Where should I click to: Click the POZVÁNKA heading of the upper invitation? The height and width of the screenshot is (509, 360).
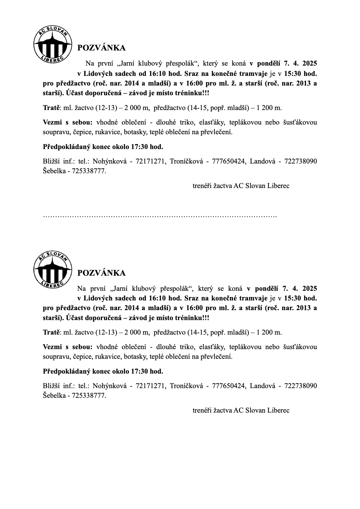(x=101, y=48)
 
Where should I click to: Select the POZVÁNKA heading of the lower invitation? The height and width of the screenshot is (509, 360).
(x=101, y=273)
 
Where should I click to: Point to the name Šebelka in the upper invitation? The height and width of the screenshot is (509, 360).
(x=55, y=171)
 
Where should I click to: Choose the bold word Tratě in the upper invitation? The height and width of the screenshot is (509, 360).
(x=51, y=108)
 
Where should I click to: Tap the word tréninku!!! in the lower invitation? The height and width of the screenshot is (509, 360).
(x=192, y=318)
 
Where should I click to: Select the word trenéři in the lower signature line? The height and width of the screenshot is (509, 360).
(x=202, y=410)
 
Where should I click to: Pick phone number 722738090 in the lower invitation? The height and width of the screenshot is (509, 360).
(x=301, y=386)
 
